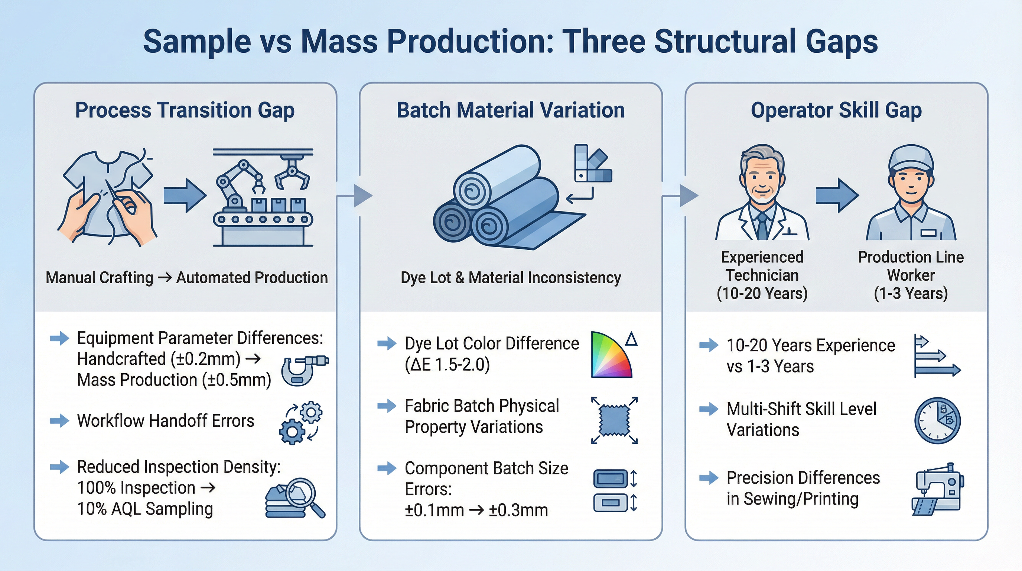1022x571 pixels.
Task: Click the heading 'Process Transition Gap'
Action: click(x=185, y=110)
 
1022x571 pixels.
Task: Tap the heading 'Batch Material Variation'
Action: click(x=511, y=110)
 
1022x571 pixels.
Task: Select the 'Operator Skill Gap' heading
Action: click(x=836, y=110)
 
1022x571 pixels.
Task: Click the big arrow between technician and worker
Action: click(x=837, y=196)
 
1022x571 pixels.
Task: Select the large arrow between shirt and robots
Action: click(x=185, y=196)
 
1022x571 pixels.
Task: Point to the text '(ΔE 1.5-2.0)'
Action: click(x=447, y=365)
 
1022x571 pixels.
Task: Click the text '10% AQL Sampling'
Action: click(x=145, y=509)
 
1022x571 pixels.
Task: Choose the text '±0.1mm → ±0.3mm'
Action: click(x=476, y=510)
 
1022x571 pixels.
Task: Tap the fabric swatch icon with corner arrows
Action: click(x=614, y=420)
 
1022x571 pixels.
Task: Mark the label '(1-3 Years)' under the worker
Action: click(x=911, y=293)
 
